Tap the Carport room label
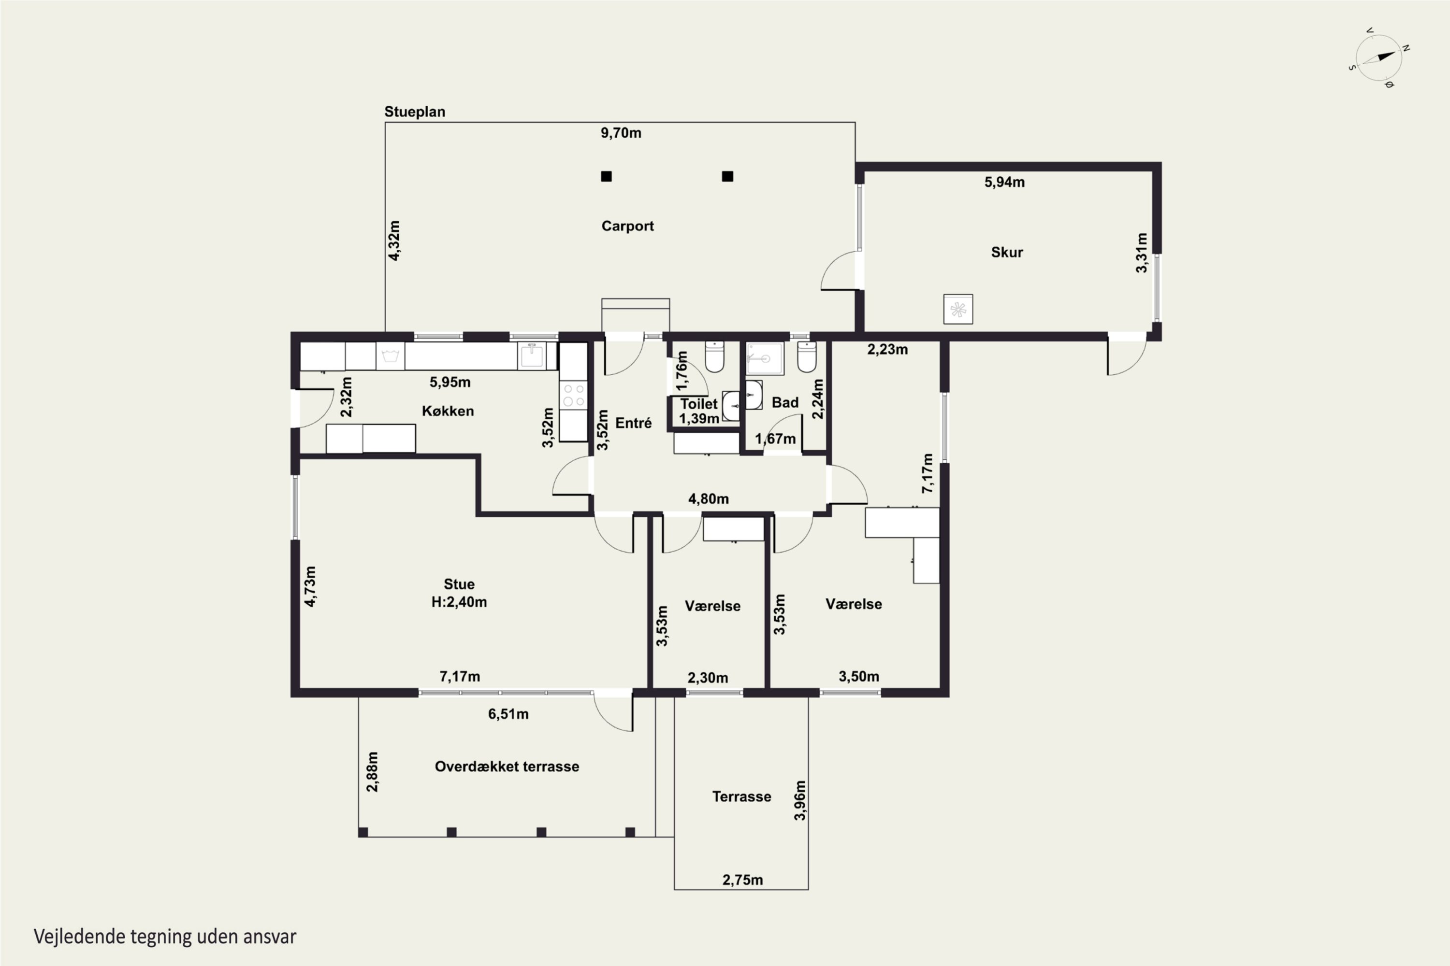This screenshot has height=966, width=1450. point(627,226)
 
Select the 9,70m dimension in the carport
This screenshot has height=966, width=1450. point(621,133)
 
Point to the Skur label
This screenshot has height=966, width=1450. point(1007,252)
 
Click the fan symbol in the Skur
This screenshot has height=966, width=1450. point(958,309)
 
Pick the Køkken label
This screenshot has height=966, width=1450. point(448,411)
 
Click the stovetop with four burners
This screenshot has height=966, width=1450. point(573,396)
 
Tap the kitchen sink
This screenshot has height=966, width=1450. point(531,356)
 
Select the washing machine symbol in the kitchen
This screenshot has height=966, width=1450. point(390,356)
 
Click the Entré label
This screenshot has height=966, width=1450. point(633,423)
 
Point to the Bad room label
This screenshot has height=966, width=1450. point(785,402)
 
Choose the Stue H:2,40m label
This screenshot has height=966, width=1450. point(459,593)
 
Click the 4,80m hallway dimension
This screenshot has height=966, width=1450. point(709,498)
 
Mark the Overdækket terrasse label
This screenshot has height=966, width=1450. point(507,767)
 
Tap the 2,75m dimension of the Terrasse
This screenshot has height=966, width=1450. point(742,880)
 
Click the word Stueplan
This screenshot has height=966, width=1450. point(414,112)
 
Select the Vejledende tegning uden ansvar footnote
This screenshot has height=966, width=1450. point(165,937)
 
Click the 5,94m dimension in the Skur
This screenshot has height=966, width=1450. point(1004,182)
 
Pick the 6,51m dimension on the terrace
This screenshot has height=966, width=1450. point(508,714)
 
